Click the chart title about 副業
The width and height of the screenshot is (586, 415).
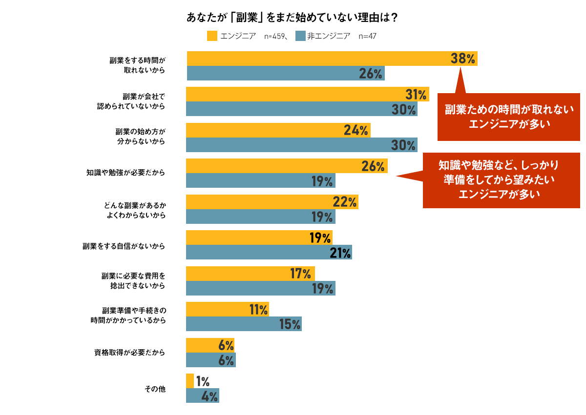[x=292, y=17]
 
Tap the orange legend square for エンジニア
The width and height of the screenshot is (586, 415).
[x=212, y=36]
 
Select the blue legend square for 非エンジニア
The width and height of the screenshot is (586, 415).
[x=300, y=36]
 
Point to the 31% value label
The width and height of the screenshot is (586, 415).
[x=416, y=95]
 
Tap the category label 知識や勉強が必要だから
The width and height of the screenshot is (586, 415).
[x=126, y=173]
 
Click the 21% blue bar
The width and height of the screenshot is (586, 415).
[x=269, y=252]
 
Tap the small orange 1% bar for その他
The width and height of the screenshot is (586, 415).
[x=190, y=381]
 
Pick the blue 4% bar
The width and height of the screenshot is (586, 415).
[x=202, y=395]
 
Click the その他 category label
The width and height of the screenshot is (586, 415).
[x=155, y=389]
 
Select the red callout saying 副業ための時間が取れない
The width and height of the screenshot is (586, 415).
[x=508, y=117]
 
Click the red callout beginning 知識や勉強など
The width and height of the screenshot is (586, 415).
[x=501, y=180]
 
